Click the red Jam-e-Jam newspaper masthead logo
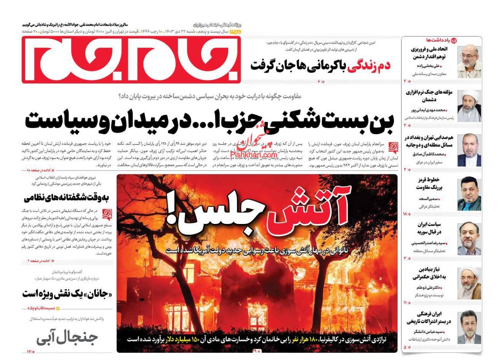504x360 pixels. pyautogui.click(x=131, y=59)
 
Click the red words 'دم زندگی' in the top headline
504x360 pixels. pyautogui.click(x=365, y=65)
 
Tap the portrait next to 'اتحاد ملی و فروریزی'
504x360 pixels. pyautogui.click(x=469, y=61)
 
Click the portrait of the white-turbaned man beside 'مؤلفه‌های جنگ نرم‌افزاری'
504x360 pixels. pyautogui.click(x=469, y=105)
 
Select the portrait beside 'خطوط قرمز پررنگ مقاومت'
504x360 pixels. pyautogui.click(x=469, y=194)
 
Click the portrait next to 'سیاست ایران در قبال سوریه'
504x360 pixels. pyautogui.click(x=469, y=239)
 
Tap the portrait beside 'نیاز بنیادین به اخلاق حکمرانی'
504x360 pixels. pyautogui.click(x=469, y=283)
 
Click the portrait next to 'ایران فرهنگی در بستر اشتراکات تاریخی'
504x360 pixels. pyautogui.click(x=469, y=327)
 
